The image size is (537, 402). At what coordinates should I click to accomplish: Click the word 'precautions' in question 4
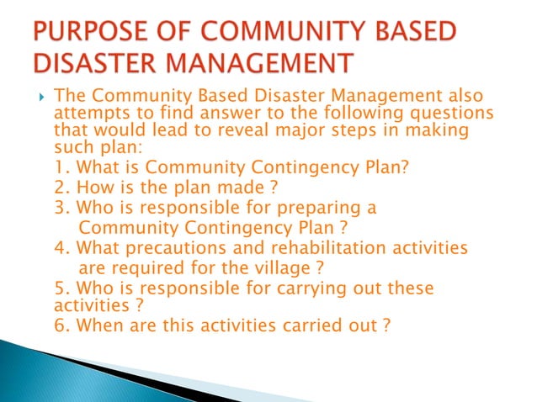(x=174, y=248)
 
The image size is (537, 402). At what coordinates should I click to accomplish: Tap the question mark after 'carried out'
(x=385, y=325)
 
